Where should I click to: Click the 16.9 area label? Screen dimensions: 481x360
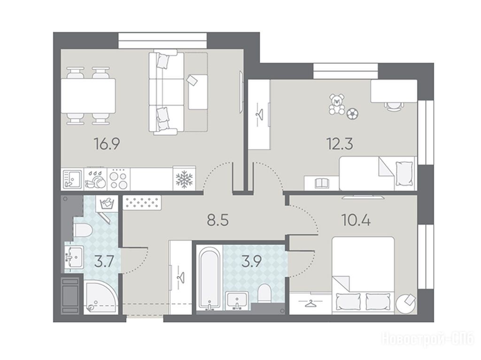(x=107, y=144)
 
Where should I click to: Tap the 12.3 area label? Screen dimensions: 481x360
(x=340, y=144)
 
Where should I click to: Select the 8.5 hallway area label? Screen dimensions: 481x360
(x=218, y=220)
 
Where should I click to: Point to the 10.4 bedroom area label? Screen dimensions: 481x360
(x=356, y=220)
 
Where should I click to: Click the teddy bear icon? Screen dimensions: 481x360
(x=336, y=105)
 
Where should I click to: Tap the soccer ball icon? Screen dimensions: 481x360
(x=352, y=114)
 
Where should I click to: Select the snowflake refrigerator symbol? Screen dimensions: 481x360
(x=184, y=179)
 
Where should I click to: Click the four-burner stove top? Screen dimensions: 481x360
(x=118, y=179)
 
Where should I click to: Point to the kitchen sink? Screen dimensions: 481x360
(x=72, y=179)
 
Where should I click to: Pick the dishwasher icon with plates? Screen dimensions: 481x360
(x=95, y=179)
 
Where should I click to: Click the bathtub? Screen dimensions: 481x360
(x=209, y=278)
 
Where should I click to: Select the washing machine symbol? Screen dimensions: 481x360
(x=107, y=204)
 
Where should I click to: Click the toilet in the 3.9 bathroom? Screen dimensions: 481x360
(x=264, y=293)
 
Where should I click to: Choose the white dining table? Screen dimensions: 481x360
(x=88, y=96)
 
